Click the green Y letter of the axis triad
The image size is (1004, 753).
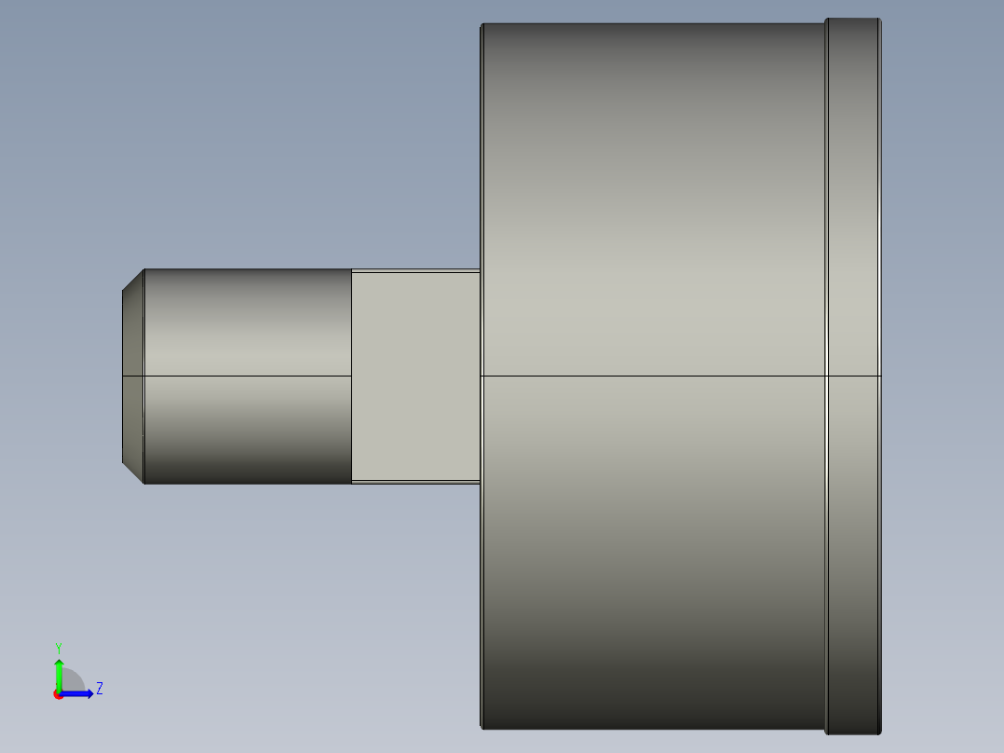pyautogui.click(x=58, y=647)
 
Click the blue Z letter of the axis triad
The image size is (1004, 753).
pyautogui.click(x=99, y=689)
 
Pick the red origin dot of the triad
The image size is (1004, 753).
pyautogui.click(x=58, y=694)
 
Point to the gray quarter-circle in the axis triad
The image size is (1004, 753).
pyautogui.click(x=72, y=681)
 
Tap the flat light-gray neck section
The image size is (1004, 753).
pyautogui.click(x=415, y=376)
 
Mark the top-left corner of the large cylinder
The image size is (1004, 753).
pyautogui.click(x=482, y=25)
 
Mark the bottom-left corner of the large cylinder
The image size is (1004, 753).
pyautogui.click(x=482, y=727)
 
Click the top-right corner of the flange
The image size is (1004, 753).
pyautogui.click(x=880, y=20)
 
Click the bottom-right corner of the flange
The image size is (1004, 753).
pyautogui.click(x=880, y=732)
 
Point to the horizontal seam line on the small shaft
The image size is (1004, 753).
pyautogui.click(x=247, y=376)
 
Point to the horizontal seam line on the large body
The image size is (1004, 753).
pyautogui.click(x=652, y=376)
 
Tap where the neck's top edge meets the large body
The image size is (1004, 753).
pyautogui.click(x=481, y=270)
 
